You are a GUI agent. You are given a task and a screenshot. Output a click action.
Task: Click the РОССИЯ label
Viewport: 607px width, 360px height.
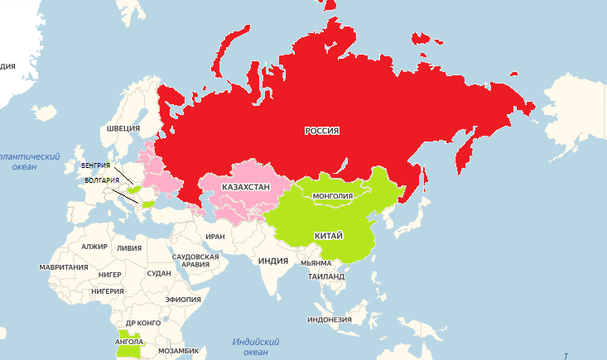pos(322,131)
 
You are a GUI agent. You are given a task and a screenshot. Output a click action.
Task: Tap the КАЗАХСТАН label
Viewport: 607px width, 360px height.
pos(245,188)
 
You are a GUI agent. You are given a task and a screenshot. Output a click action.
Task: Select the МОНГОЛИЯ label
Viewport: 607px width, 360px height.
pos(333,196)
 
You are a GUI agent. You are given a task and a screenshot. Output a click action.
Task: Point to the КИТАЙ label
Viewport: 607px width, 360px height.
pos(329,236)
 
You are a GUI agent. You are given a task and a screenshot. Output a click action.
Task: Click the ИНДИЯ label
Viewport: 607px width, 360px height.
pos(272,261)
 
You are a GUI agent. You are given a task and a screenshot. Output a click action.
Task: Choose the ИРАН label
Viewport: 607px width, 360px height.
pos(215,237)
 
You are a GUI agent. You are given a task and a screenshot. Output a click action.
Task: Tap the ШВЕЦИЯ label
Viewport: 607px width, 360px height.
pos(123,129)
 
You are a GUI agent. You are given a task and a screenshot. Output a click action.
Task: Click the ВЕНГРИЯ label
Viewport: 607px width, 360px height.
pos(96,166)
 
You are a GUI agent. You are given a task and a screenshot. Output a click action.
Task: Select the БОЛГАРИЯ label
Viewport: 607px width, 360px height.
pos(102,180)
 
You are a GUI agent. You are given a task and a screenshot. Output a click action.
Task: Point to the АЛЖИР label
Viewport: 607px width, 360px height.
pos(94,247)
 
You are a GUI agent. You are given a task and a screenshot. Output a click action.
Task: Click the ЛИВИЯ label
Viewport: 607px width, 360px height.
pos(129,247)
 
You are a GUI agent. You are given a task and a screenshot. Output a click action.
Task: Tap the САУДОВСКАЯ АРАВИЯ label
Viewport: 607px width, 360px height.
pos(195,261)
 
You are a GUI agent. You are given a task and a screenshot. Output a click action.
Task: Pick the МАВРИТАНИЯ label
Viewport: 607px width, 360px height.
pos(64,267)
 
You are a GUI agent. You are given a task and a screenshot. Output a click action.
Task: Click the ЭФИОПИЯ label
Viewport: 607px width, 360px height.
pos(182,299)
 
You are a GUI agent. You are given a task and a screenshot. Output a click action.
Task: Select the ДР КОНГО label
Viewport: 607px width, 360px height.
pos(142,323)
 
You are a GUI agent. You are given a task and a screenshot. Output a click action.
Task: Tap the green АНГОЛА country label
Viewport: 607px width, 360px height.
pos(129,340)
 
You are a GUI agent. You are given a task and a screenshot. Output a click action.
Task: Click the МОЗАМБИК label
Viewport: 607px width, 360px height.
pos(178,351)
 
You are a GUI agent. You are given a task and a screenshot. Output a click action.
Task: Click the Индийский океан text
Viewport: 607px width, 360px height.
pos(256,347)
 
